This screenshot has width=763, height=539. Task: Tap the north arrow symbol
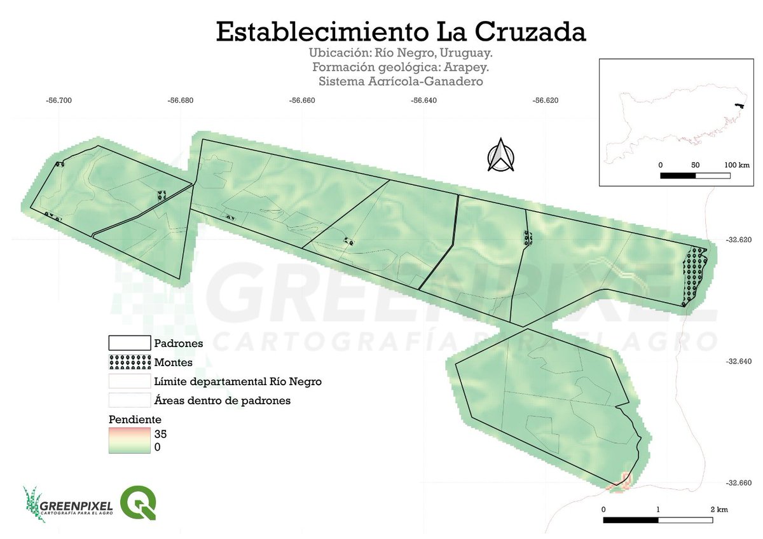501,155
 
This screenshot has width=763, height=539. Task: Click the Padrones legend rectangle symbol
129,343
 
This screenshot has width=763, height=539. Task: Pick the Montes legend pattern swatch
129,362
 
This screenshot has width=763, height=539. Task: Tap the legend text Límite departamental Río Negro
238,381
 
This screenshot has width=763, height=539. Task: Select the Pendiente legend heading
135,420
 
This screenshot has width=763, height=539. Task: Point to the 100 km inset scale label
736,165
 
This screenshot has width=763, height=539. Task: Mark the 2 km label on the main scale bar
718,510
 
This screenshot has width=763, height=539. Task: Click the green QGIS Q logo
138,502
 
